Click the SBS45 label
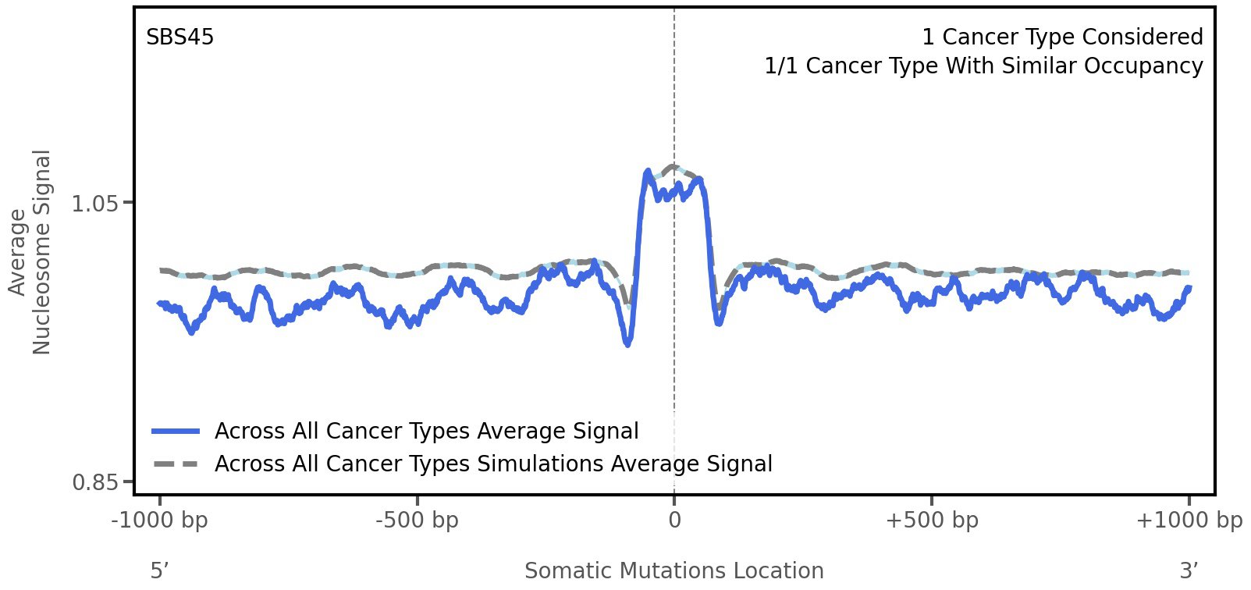179,37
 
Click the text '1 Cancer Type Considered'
1062,37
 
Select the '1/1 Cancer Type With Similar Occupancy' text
983,66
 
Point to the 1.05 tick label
94,204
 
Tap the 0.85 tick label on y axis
94,482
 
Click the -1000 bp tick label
160,521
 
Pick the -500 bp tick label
417,521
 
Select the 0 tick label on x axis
674,521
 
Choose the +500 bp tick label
932,521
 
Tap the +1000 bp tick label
1189,521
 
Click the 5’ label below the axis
160,571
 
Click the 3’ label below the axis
1189,571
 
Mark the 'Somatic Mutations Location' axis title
674,571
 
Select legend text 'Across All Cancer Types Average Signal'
426,432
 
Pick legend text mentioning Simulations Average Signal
493,464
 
